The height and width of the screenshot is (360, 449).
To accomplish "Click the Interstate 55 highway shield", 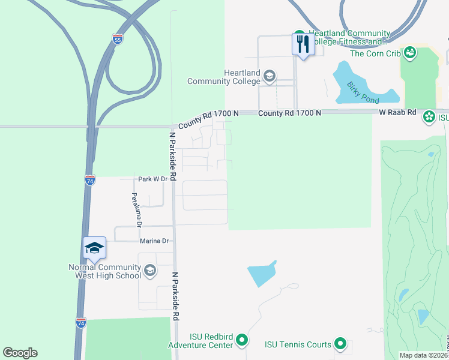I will (x=118, y=40).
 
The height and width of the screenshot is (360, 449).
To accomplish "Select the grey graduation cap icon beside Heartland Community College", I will (x=270, y=76).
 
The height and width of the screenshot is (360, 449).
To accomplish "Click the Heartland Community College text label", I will (x=224, y=77).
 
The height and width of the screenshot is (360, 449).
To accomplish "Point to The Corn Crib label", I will (x=374, y=53).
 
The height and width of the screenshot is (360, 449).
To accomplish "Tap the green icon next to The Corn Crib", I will (x=410, y=53).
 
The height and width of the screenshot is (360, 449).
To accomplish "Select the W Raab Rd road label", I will (x=397, y=112).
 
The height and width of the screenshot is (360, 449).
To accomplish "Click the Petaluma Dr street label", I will (x=136, y=210).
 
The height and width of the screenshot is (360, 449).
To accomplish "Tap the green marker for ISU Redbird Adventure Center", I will (x=242, y=341).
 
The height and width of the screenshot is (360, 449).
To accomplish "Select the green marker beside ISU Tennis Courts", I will (x=340, y=344).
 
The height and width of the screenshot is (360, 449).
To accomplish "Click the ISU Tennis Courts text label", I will (x=298, y=344).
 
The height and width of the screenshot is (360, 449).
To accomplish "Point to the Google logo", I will (x=20, y=353).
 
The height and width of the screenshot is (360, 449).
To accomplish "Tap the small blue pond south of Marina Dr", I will (x=261, y=275).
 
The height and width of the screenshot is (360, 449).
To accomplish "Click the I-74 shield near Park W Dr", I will (x=89, y=180).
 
